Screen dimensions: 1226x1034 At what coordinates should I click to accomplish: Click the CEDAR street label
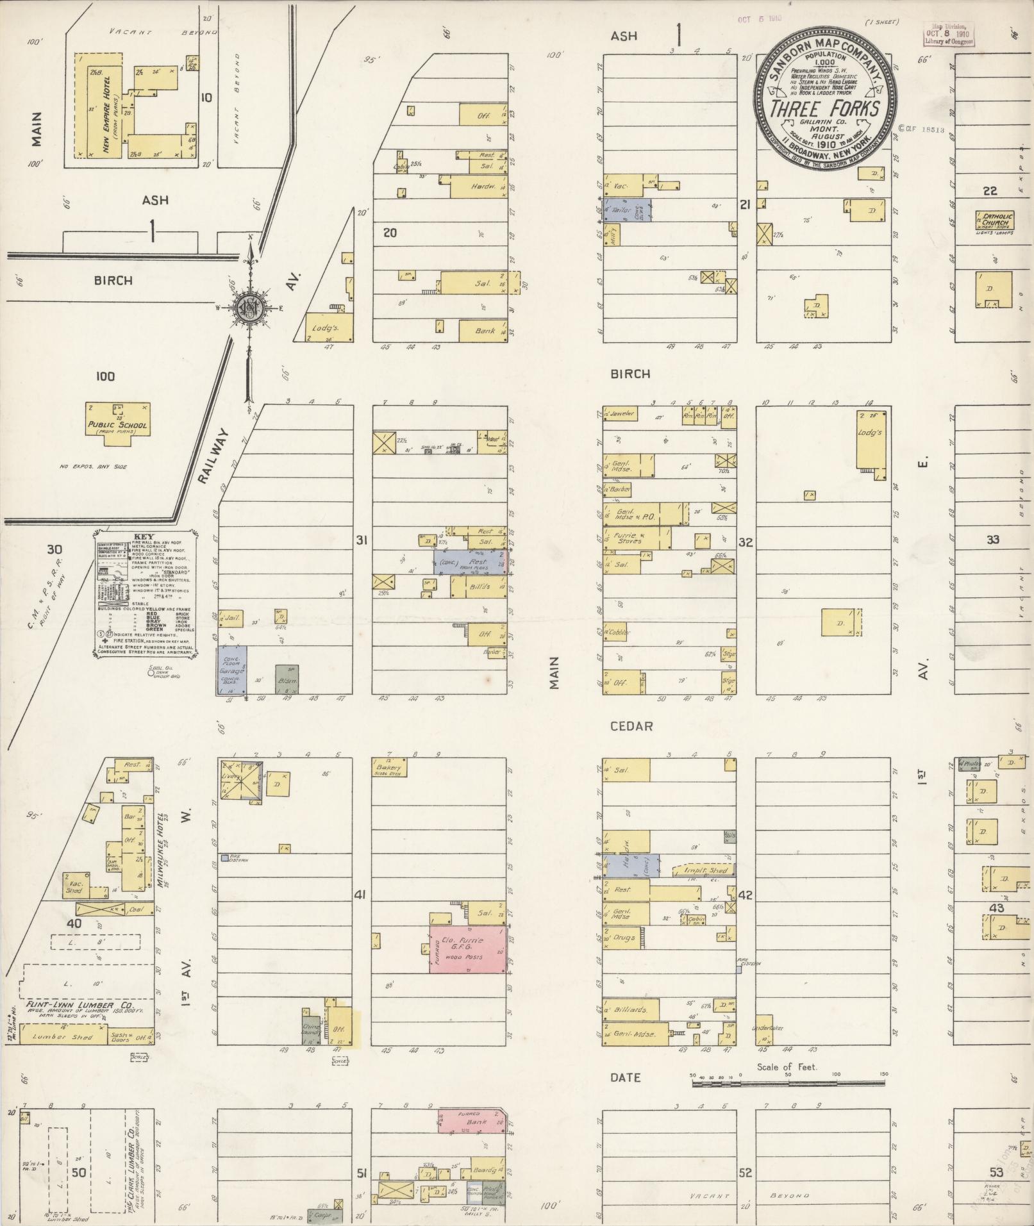[x=631, y=726]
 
